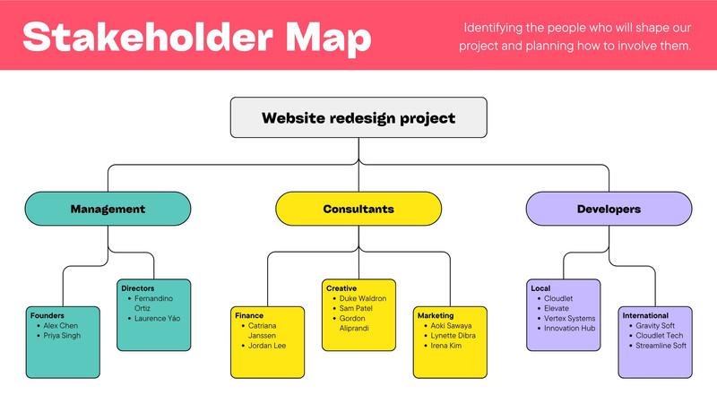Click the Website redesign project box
coord(358,117)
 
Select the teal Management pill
coord(108,209)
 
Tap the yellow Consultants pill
coord(358,209)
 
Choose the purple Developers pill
coord(609,209)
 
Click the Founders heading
coord(48,315)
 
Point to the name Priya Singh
coord(62,335)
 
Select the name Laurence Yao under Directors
coord(158,318)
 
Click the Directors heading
coord(138,288)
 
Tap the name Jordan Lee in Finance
coord(267,346)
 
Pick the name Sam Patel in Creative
coord(356,308)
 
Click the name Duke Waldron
coord(363,298)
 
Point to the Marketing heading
coord(436,315)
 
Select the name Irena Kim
coord(445,346)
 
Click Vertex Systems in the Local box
coord(570,318)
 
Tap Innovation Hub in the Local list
coord(570,328)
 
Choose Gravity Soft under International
coord(655,325)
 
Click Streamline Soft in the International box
coord(661,346)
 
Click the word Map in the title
coord(328,38)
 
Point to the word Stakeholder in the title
coord(148,36)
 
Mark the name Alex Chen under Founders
coord(60,325)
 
